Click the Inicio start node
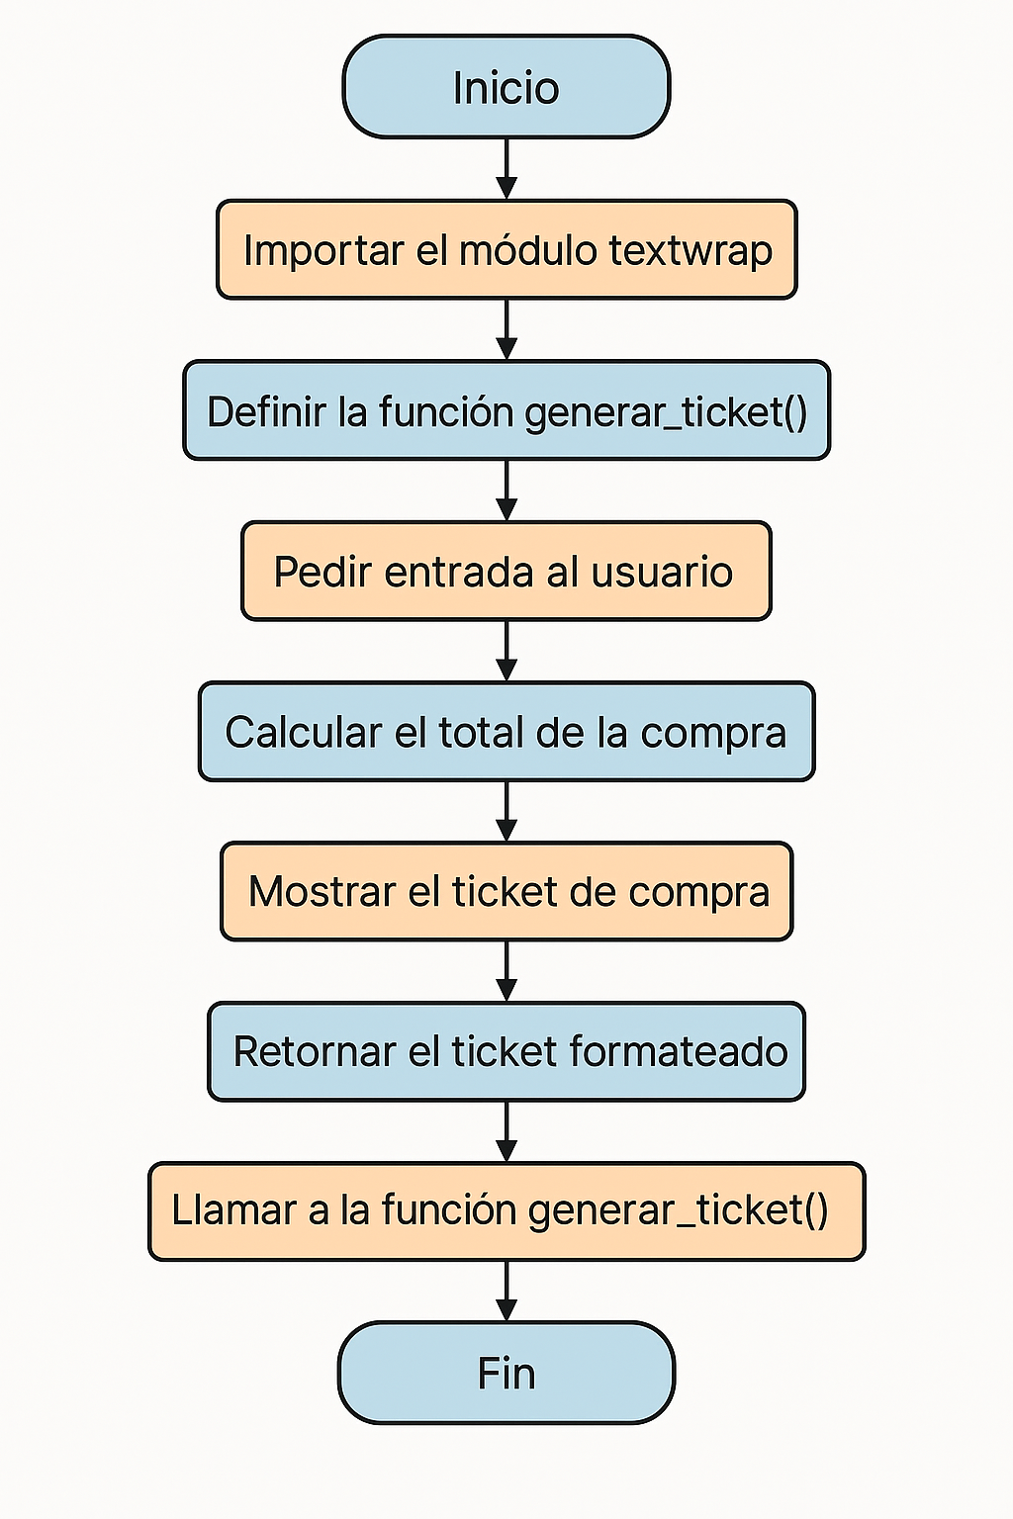[x=506, y=87]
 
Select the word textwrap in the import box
[x=691, y=251]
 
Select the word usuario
[x=662, y=571]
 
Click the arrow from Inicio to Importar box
[x=506, y=169]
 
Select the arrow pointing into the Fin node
[x=506, y=1292]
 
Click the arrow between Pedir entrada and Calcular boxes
[x=506, y=651]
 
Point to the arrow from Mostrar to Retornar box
[x=506, y=971]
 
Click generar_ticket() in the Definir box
[x=667, y=412]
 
